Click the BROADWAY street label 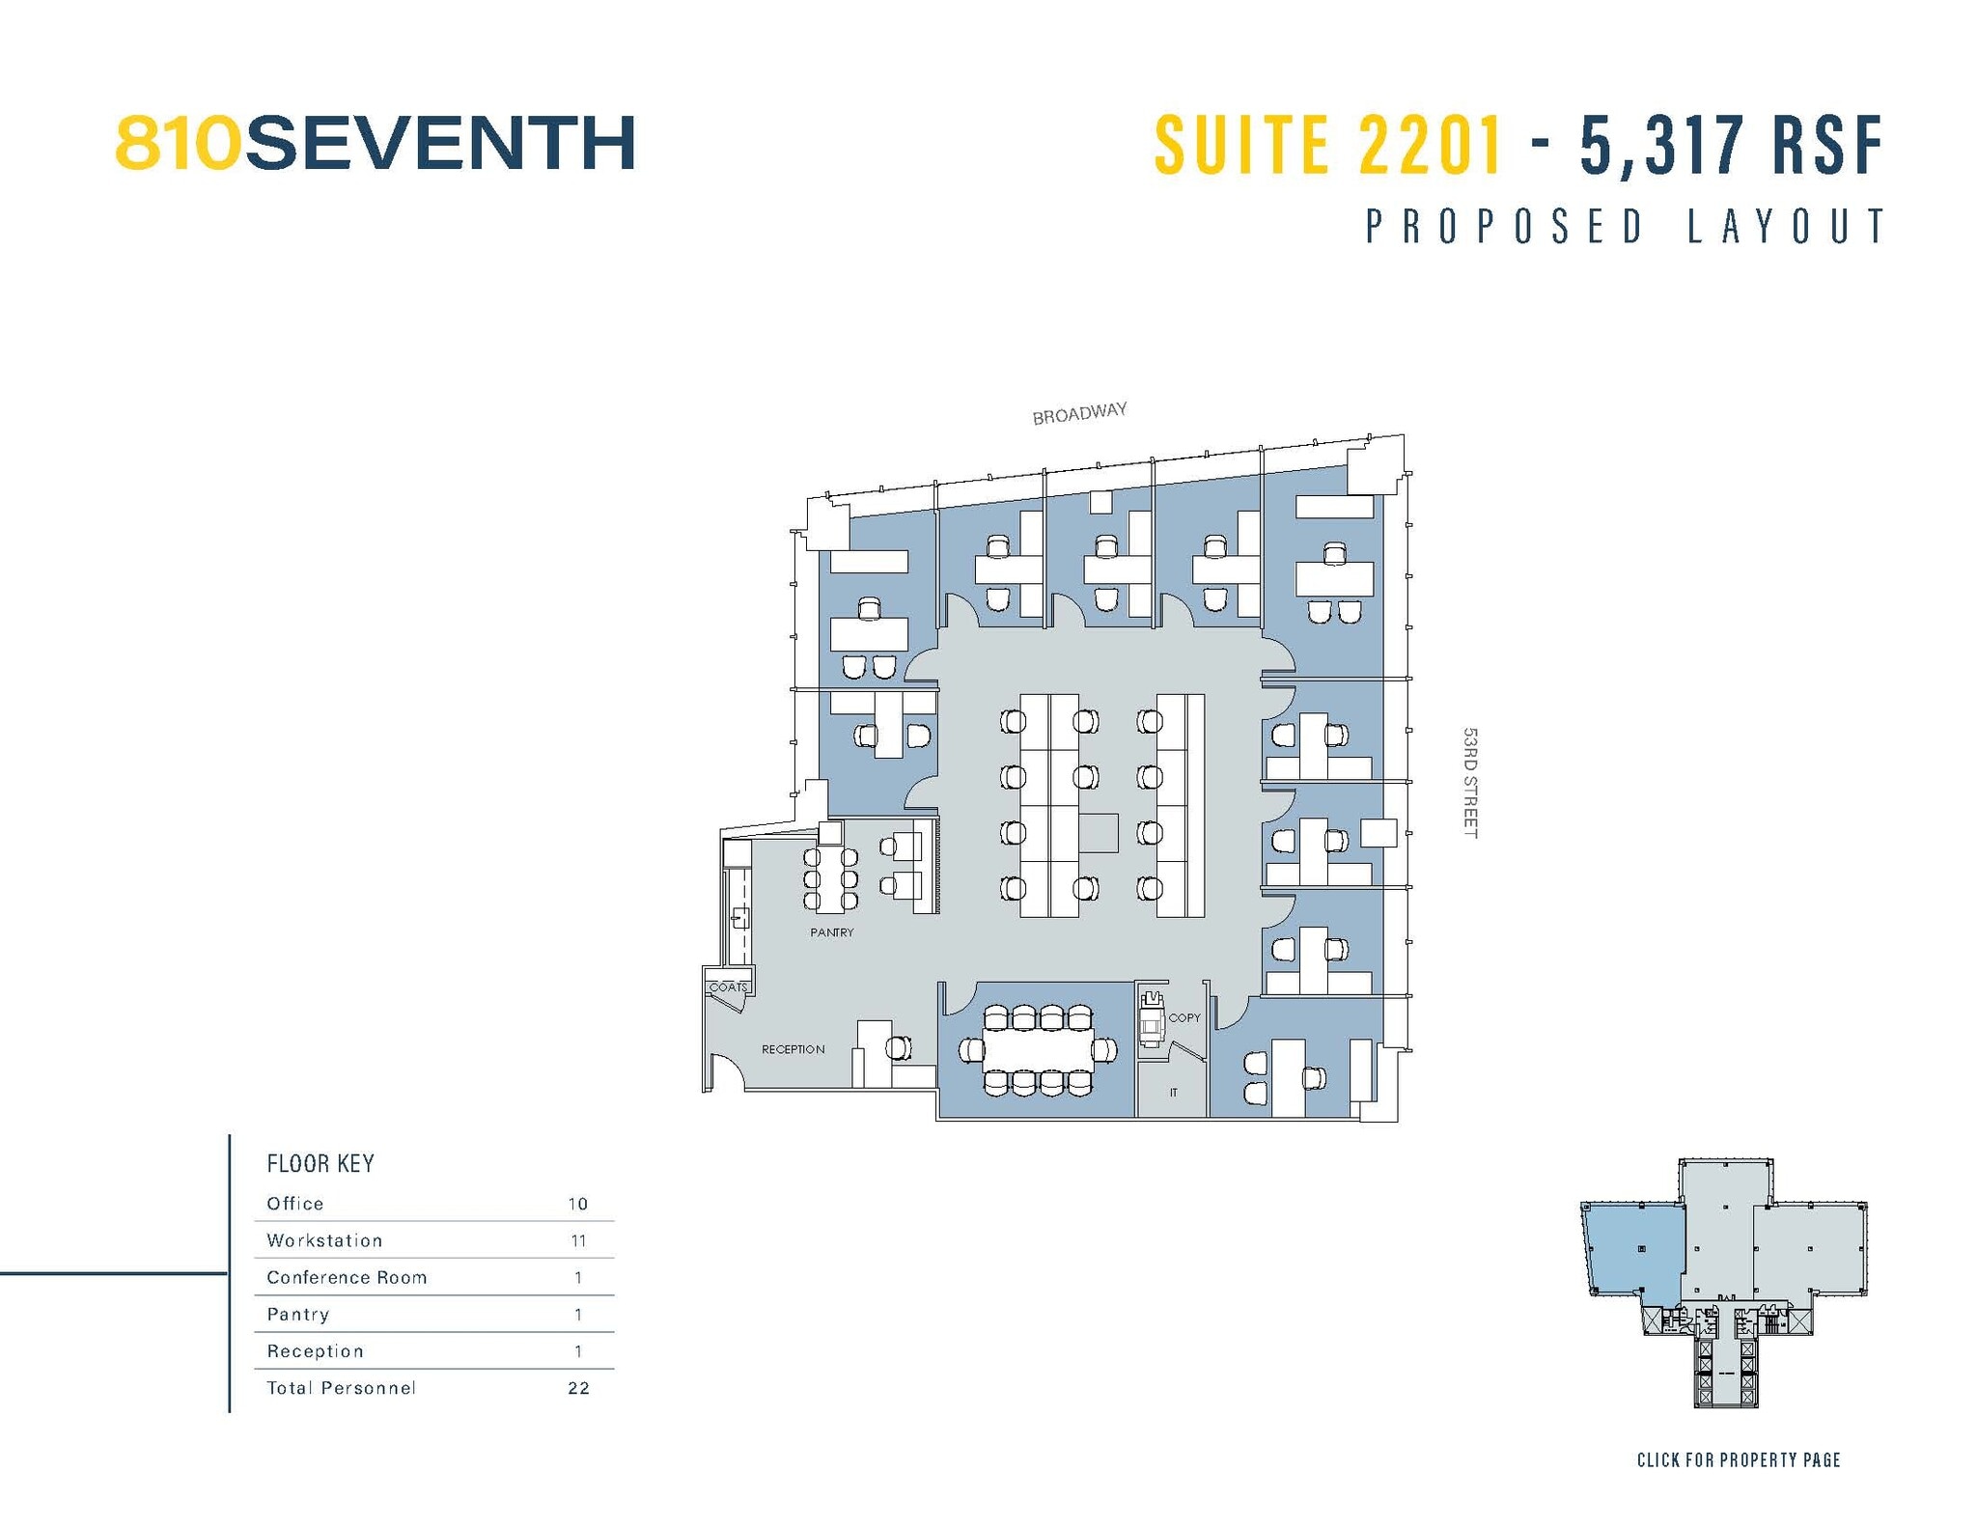point(1079,413)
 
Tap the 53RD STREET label point(1470,782)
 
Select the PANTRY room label point(831,932)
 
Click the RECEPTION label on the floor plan point(793,1049)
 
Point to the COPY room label point(1184,1017)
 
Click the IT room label point(1174,1093)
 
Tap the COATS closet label point(728,986)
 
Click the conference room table point(1038,1049)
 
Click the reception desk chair point(899,1047)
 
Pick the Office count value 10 point(578,1204)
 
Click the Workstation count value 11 point(578,1240)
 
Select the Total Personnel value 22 point(578,1388)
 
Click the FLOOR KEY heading point(320,1163)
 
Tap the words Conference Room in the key point(347,1277)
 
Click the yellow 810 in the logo point(177,144)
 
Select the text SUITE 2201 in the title point(1328,145)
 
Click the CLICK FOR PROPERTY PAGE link point(1739,1459)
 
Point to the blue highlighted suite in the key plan point(1636,1250)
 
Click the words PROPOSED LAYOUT point(1626,227)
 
